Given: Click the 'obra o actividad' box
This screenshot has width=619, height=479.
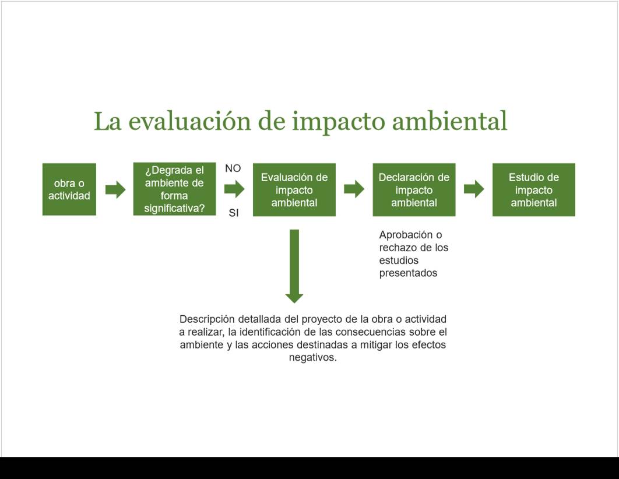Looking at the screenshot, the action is (x=69, y=189).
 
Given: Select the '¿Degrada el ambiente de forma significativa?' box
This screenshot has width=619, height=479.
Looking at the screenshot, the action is (x=174, y=189).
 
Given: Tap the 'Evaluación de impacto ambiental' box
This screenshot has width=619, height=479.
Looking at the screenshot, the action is (x=294, y=190).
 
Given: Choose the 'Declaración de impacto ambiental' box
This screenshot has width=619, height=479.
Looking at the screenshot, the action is (x=414, y=190).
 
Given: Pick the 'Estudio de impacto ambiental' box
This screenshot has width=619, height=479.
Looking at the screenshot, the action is (x=534, y=190).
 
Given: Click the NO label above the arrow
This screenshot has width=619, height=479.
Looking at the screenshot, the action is (x=233, y=168).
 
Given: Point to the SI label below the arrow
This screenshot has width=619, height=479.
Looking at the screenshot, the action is (x=234, y=213).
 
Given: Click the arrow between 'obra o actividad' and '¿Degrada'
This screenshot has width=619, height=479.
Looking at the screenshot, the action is (x=115, y=189).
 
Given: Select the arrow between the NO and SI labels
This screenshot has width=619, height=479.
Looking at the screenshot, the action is (x=234, y=189).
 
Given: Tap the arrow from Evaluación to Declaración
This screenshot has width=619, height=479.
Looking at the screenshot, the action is (x=354, y=189).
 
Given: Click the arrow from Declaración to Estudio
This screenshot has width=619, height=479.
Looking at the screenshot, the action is (x=474, y=189).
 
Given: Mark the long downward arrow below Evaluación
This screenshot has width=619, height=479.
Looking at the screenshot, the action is (x=294, y=266).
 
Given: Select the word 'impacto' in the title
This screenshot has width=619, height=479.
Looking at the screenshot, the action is (x=338, y=122).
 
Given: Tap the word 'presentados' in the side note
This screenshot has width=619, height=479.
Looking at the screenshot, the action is (x=408, y=273).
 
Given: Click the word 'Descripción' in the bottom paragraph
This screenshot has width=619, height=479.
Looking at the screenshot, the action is (x=207, y=319).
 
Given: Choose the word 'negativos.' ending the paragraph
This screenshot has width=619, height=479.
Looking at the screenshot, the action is (x=312, y=357).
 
